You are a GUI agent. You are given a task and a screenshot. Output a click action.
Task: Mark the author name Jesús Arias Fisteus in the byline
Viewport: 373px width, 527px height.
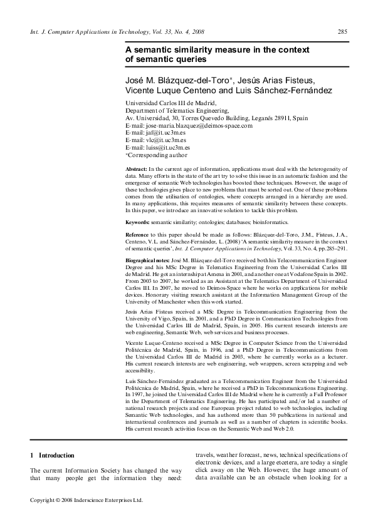point(272,79)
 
